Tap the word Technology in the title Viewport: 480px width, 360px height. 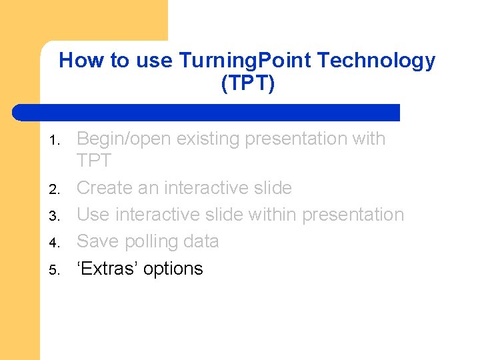(376, 61)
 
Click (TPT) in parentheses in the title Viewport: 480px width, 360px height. (247, 83)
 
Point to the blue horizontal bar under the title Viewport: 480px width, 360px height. (206, 112)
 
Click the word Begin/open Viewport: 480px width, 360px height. (125, 139)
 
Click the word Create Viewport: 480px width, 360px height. (105, 188)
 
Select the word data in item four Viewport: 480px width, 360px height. (201, 241)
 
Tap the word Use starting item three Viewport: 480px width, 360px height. (93, 215)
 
